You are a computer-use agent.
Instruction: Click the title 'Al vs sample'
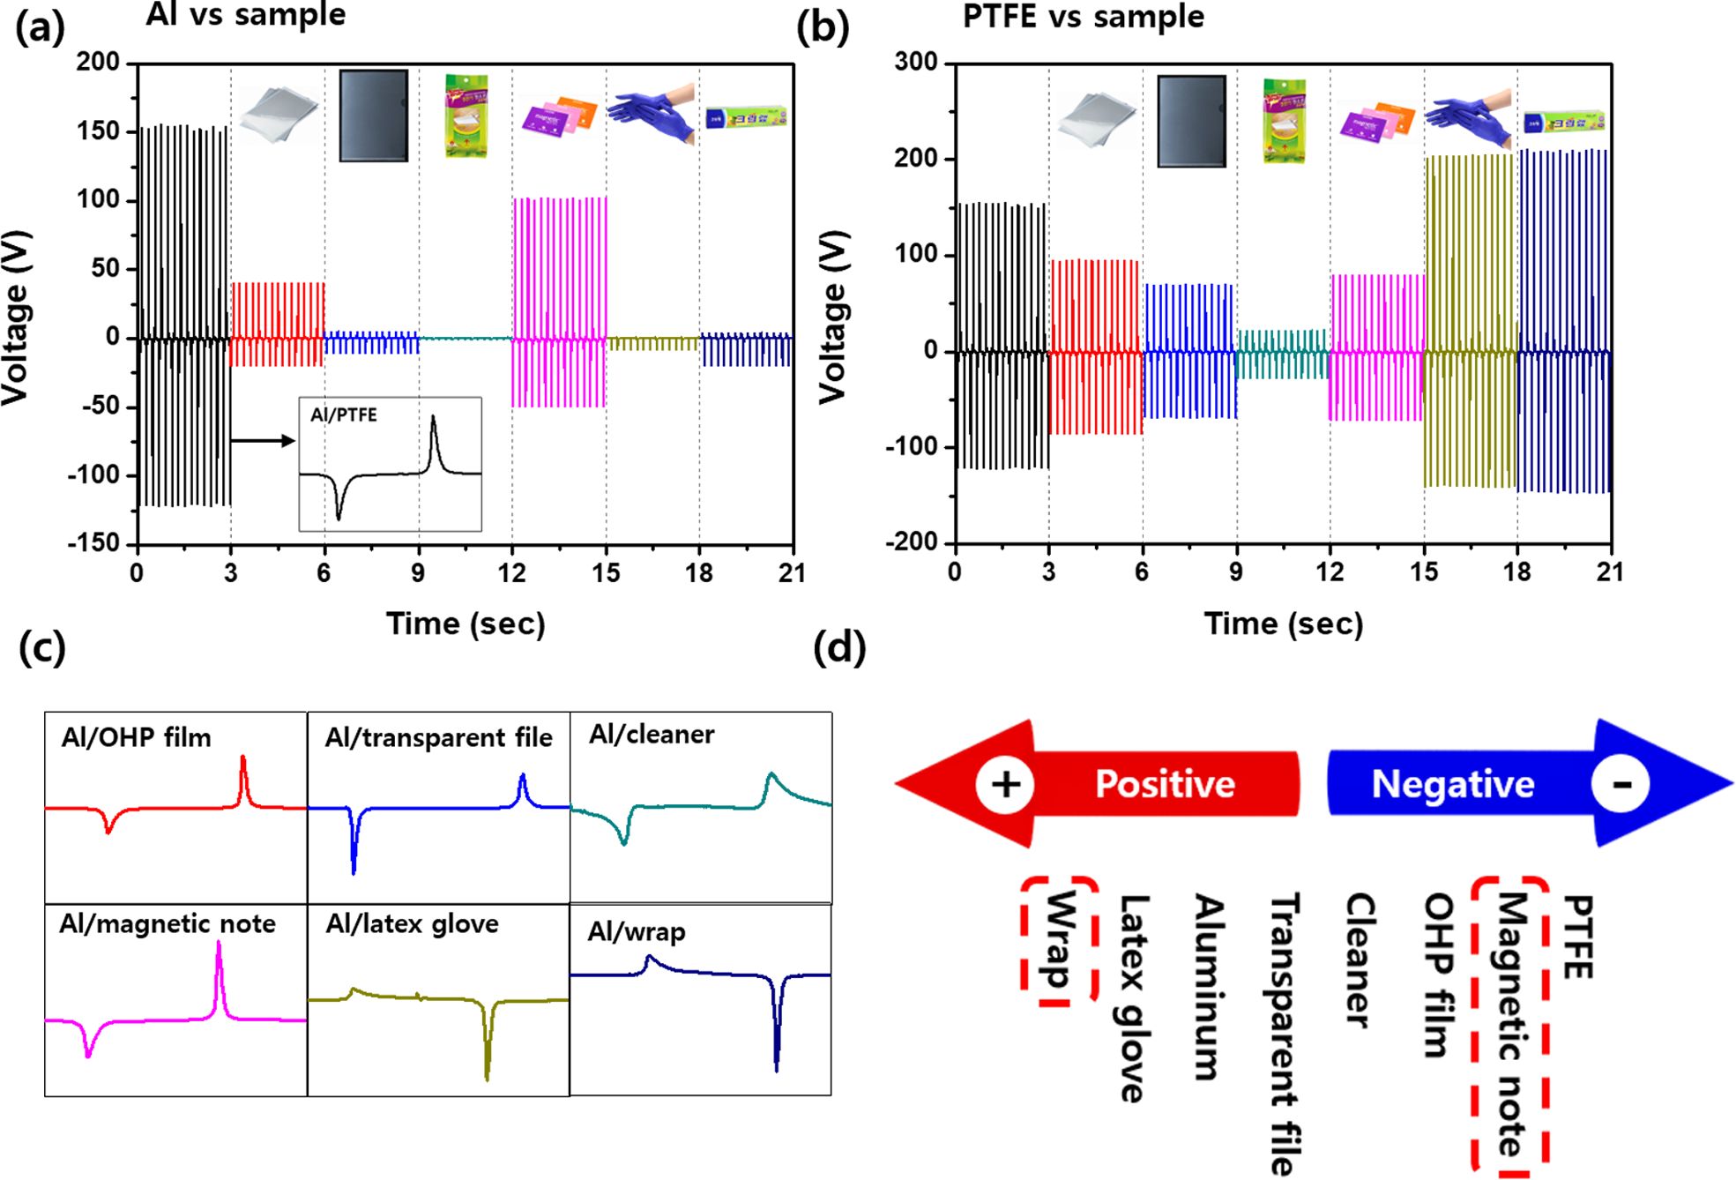click(246, 15)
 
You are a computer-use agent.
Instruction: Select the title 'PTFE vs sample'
click(1083, 17)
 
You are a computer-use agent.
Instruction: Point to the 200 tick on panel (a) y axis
click(98, 62)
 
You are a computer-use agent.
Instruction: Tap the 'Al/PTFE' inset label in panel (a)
click(344, 414)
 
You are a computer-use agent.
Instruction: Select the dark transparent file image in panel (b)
click(1191, 121)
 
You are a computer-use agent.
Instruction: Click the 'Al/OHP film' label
click(137, 737)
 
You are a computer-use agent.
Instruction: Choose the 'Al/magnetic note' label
click(168, 923)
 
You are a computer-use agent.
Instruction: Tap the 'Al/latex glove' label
click(412, 923)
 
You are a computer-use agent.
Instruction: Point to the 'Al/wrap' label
click(637, 931)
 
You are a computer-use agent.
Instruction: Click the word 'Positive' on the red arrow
click(1165, 784)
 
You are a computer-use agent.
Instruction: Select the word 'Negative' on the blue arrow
click(1453, 784)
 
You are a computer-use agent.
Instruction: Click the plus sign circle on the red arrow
click(1005, 784)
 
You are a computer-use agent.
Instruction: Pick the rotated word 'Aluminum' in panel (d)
click(1210, 987)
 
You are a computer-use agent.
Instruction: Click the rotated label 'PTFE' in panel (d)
click(1577, 937)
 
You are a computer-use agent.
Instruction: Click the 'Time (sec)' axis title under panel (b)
click(1284, 624)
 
